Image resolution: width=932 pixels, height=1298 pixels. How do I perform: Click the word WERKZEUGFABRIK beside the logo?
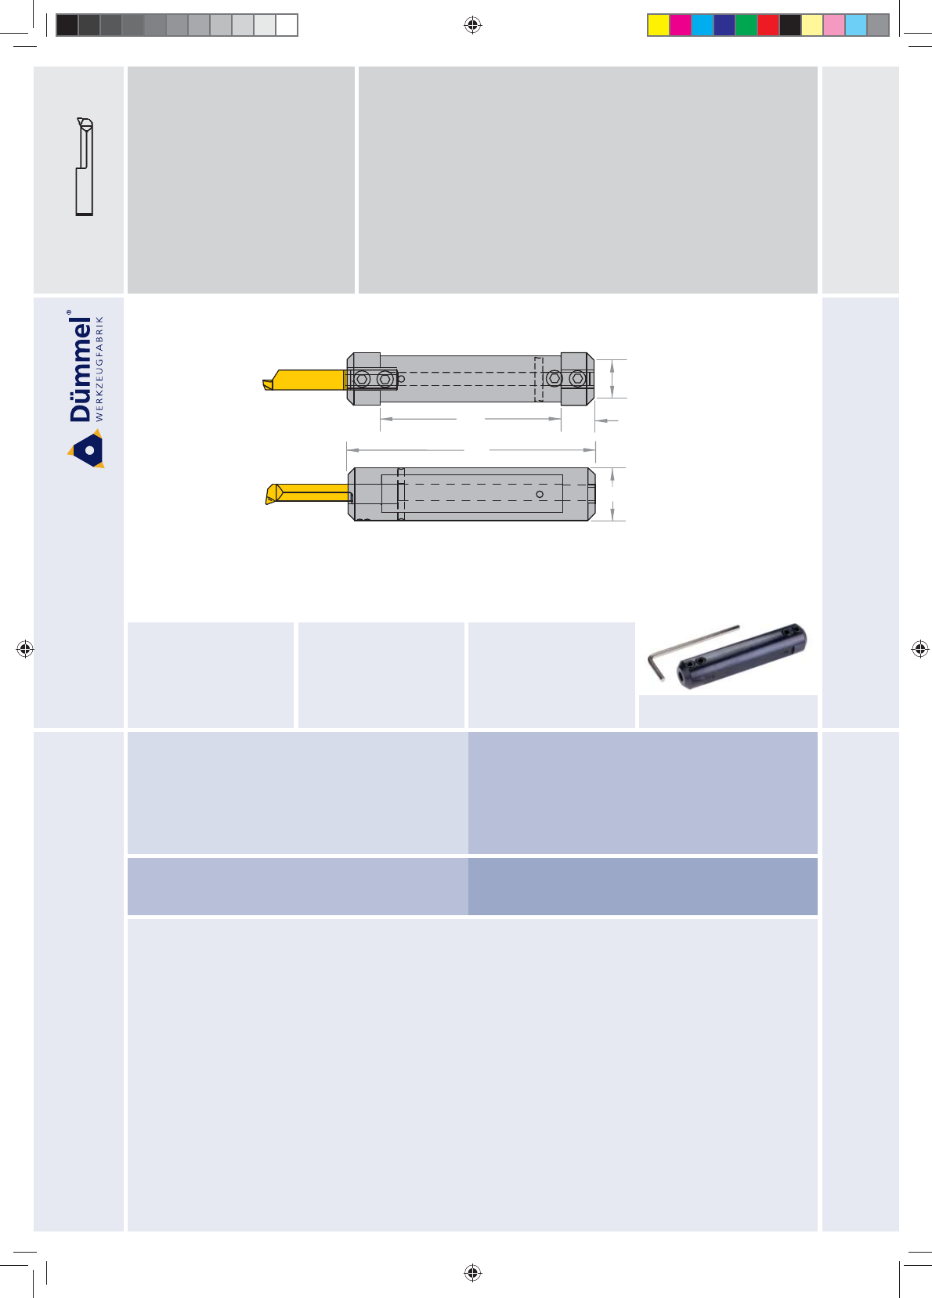click(99, 369)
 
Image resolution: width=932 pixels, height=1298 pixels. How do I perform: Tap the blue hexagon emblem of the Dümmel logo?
click(88, 449)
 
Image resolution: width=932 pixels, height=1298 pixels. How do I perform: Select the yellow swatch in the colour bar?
click(659, 26)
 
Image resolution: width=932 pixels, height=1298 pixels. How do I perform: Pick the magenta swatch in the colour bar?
click(681, 26)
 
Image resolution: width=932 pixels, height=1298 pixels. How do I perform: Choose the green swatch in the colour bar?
click(746, 26)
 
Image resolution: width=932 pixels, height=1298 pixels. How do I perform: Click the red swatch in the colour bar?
click(768, 26)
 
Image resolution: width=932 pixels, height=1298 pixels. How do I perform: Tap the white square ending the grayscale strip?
click(287, 26)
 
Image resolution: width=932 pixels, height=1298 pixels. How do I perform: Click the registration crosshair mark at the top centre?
click(473, 25)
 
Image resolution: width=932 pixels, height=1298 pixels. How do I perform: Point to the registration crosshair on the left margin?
click(25, 648)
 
